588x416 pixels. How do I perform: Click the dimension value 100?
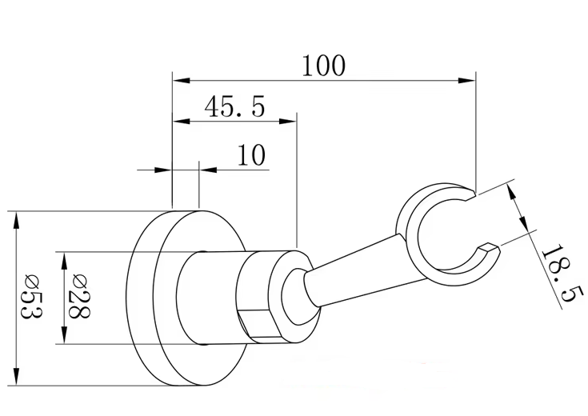point(323,64)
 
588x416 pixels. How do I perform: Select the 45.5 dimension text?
point(234,106)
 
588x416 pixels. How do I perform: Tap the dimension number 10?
point(251,154)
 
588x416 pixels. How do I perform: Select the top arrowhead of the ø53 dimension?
point(16,216)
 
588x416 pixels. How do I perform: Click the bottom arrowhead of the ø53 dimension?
point(16,379)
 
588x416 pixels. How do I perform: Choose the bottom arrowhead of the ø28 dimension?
point(65,339)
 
